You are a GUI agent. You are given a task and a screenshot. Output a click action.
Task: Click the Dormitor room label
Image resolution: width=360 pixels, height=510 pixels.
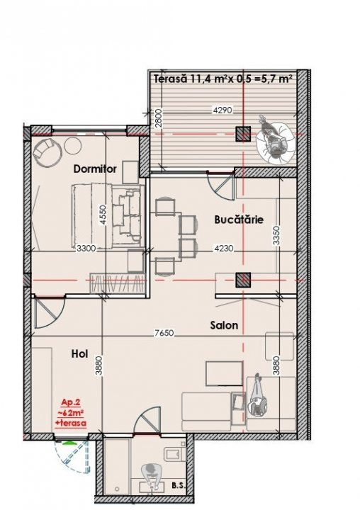point(95,169)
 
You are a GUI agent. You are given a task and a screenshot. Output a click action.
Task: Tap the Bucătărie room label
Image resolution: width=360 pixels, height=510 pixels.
point(239,220)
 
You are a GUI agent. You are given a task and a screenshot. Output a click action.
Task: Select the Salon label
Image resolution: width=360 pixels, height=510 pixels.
point(224,325)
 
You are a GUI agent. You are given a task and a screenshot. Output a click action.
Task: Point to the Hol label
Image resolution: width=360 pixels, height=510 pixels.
point(79,354)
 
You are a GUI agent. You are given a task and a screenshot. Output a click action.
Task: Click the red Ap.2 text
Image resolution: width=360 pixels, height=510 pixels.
point(71,402)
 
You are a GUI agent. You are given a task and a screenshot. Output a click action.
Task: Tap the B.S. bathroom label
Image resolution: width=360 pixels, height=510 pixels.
point(179,486)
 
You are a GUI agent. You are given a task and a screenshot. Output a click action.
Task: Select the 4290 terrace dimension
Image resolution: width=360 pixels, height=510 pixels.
point(222,110)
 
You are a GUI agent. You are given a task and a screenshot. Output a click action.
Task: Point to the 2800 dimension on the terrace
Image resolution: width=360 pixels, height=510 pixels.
point(159,120)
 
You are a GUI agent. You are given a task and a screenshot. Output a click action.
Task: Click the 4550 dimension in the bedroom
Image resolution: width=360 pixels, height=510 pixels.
point(103,215)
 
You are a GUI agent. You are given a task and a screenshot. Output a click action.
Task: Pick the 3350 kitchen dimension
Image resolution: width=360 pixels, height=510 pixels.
point(276,235)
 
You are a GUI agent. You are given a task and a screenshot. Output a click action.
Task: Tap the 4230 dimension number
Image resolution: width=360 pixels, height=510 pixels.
point(224,249)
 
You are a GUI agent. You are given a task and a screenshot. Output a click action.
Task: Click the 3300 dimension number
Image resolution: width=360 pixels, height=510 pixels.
point(86,249)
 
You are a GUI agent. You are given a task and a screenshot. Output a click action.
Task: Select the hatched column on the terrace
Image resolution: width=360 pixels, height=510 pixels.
point(243,134)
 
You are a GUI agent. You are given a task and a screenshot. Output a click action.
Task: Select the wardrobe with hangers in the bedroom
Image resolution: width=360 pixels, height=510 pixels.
point(117,283)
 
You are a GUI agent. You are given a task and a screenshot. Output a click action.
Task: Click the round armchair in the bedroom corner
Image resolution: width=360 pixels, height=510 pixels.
point(48,152)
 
